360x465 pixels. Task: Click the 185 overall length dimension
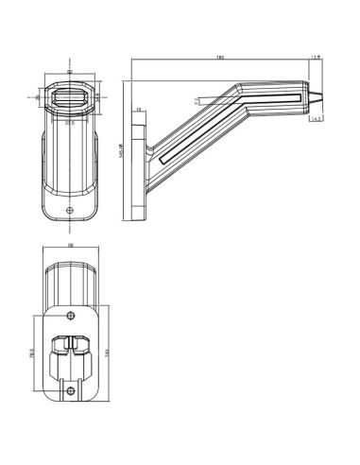click(x=219, y=59)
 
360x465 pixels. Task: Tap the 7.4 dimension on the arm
click(x=195, y=100)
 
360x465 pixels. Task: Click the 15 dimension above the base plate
click(x=138, y=110)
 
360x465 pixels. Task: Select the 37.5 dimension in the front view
click(x=70, y=120)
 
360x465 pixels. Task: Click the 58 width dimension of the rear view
click(x=72, y=249)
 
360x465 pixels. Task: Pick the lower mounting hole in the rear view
click(x=72, y=389)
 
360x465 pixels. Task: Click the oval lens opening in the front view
click(x=70, y=96)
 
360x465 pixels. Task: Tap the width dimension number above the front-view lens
click(x=70, y=71)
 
